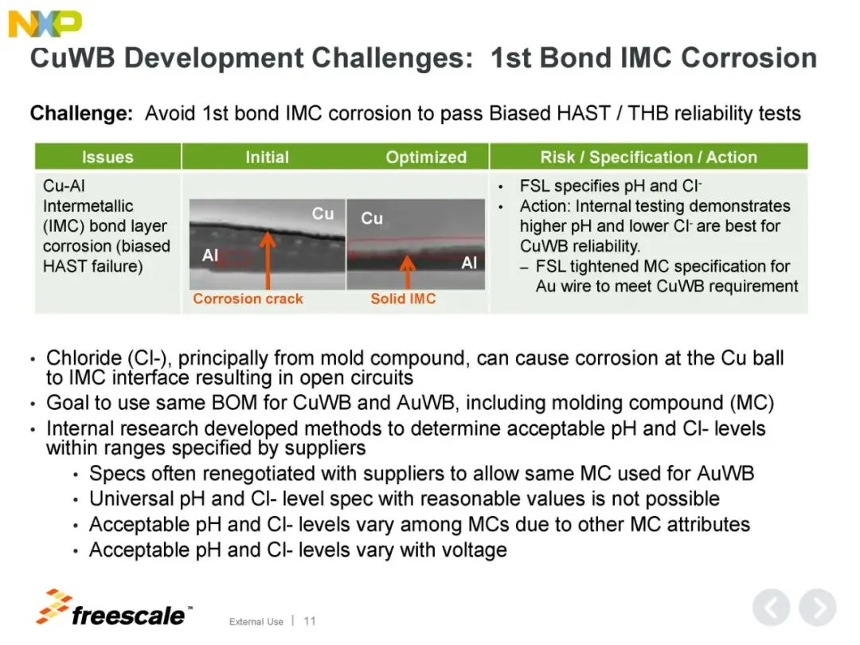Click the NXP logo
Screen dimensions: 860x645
click(45, 24)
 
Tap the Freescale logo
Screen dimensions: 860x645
click(114, 609)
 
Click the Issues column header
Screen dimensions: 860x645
click(107, 158)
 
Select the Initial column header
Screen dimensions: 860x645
click(267, 158)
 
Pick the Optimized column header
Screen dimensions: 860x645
click(426, 158)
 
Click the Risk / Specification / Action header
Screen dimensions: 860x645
click(649, 158)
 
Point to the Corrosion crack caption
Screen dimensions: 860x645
click(248, 299)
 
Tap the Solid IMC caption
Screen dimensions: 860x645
click(403, 299)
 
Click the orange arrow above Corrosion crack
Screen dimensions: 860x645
click(268, 260)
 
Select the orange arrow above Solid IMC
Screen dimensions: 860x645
click(407, 272)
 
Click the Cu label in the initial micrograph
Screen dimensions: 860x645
click(322, 213)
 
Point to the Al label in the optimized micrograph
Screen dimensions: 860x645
click(469, 263)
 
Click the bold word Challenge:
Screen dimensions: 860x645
click(82, 114)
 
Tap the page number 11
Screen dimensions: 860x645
click(310, 621)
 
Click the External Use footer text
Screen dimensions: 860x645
click(256, 621)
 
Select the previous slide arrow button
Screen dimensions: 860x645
click(771, 608)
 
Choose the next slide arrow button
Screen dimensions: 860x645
click(817, 608)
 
